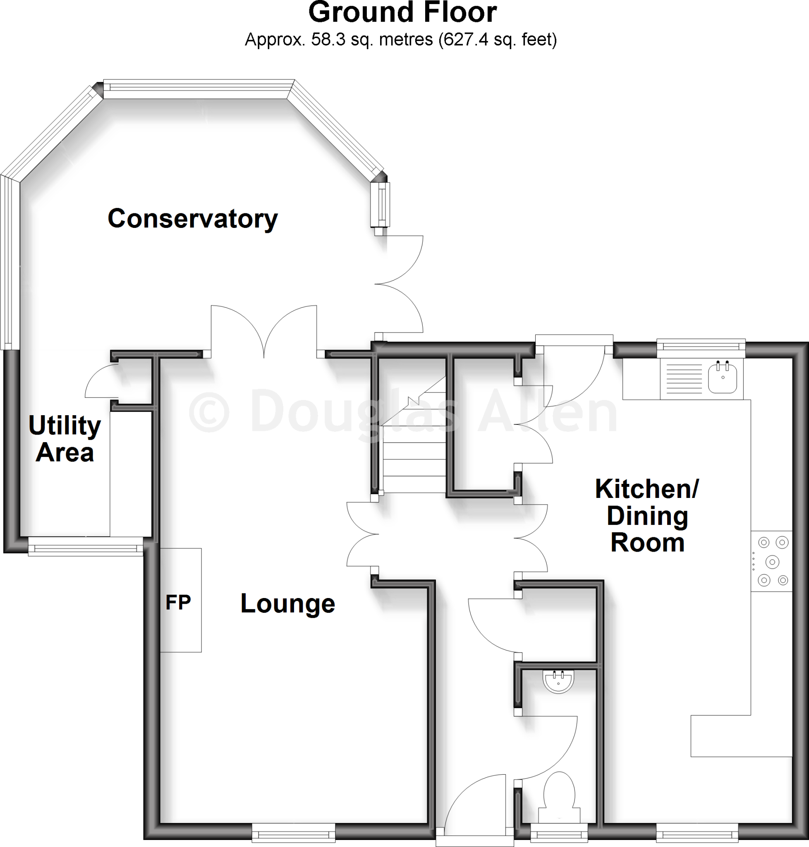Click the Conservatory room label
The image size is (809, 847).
point(192,219)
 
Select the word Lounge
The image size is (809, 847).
point(287,603)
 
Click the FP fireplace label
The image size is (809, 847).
point(178,603)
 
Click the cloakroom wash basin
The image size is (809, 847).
point(559,682)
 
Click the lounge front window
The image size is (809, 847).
point(293,833)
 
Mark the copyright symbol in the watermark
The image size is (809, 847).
point(209,412)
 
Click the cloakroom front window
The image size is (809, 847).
point(559,833)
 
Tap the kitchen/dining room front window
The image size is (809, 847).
point(697,833)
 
